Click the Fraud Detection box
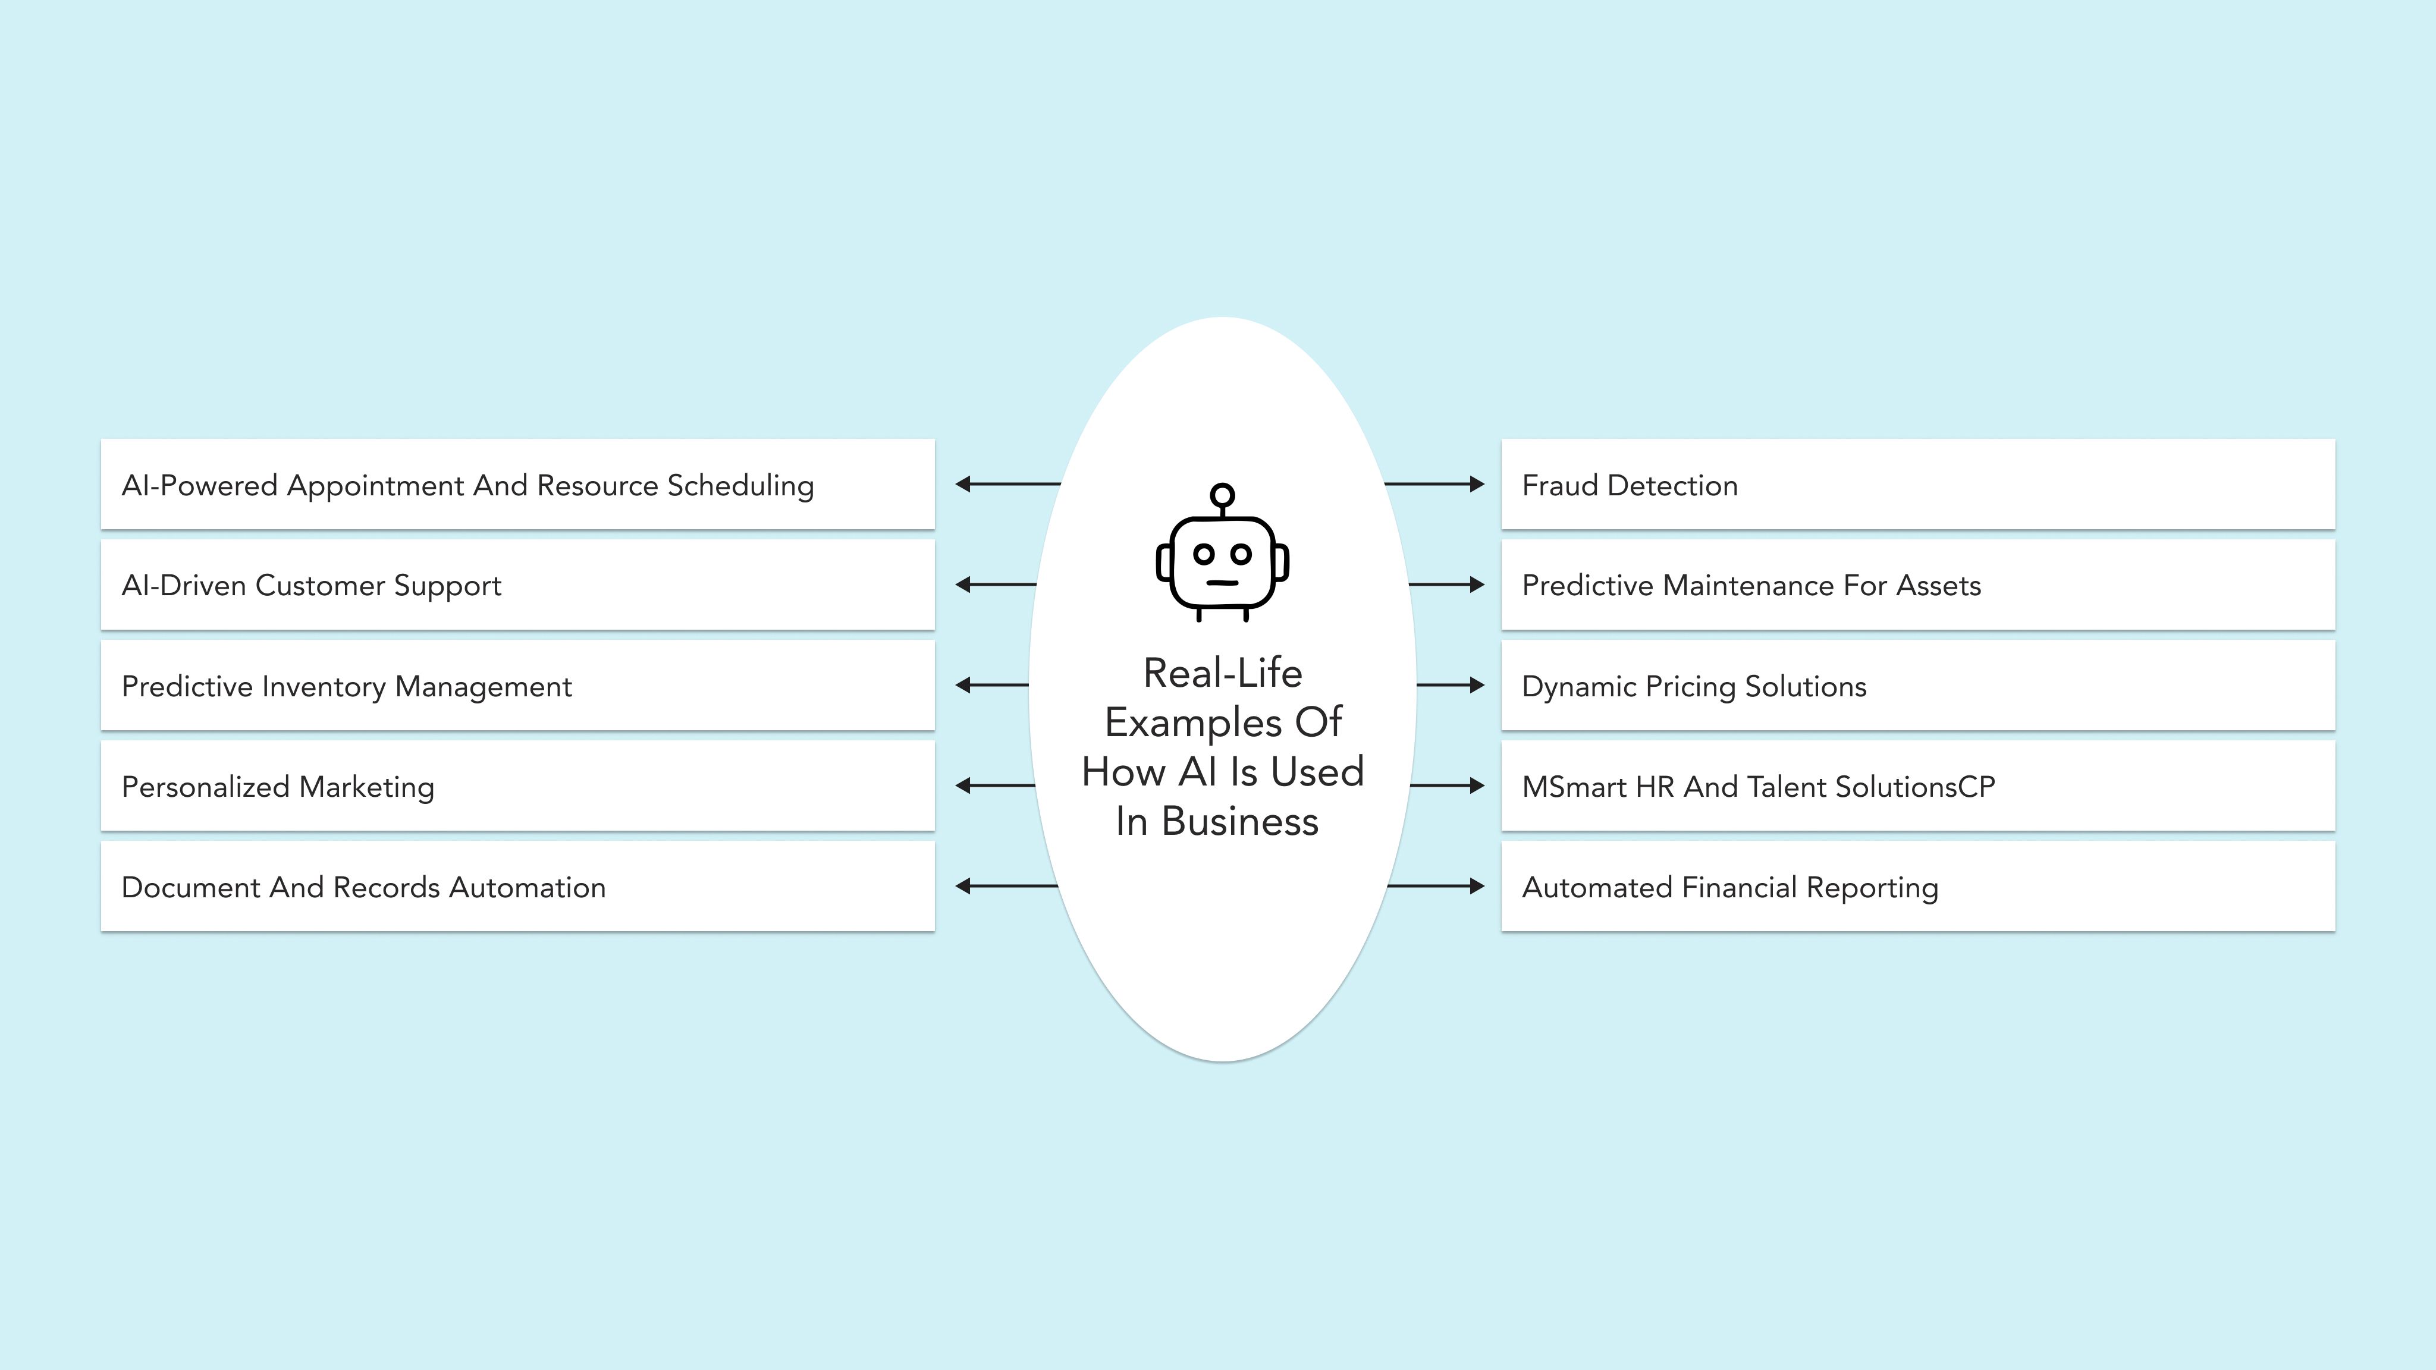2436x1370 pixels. [1918, 484]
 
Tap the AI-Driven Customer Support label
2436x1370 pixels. [311, 585]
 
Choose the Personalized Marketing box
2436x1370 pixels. [517, 785]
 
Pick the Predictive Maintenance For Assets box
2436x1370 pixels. [1918, 585]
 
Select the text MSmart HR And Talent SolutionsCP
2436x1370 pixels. [1758, 787]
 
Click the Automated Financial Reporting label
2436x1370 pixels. [1729, 888]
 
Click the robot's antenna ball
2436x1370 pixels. [1222, 495]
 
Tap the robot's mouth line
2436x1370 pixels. [1222, 582]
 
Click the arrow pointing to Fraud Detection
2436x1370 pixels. [1434, 484]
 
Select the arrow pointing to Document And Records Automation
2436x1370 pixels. [1006, 886]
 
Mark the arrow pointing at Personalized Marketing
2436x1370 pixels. [996, 785]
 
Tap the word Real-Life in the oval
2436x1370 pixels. [1222, 673]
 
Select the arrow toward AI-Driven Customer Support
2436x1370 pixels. [996, 585]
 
